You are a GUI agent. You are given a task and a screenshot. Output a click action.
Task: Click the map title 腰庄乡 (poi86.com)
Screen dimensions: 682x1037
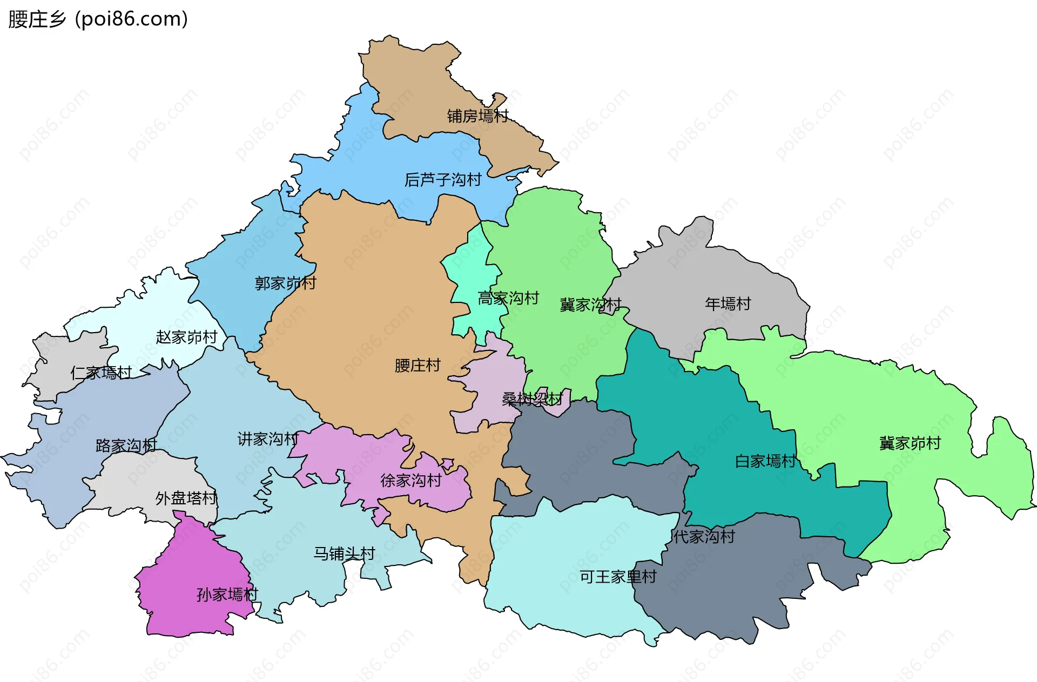tap(98, 19)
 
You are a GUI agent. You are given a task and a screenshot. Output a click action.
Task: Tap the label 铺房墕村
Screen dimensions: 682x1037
tap(477, 116)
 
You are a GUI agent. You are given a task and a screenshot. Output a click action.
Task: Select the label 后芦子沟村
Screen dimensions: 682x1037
tap(443, 180)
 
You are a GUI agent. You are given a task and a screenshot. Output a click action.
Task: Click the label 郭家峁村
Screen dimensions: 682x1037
tap(285, 283)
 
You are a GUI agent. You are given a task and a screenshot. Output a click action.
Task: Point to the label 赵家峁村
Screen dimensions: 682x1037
tap(186, 337)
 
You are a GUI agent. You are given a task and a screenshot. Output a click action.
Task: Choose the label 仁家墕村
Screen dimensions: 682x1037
tap(101, 373)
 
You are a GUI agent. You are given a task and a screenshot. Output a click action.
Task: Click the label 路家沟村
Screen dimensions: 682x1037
tap(126, 445)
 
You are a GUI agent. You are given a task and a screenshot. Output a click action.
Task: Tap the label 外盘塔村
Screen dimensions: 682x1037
tap(186, 498)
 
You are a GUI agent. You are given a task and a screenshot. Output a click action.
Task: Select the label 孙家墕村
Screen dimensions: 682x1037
tap(227, 595)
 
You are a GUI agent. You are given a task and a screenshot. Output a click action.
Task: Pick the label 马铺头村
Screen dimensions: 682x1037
tap(344, 553)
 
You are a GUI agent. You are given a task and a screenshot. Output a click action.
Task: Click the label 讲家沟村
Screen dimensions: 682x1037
tap(267, 439)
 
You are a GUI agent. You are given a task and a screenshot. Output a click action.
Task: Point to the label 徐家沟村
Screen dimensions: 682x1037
tap(411, 480)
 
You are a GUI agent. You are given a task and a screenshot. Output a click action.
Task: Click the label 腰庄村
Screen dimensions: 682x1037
tap(418, 366)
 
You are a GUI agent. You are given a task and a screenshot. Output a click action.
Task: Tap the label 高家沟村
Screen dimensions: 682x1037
tap(508, 298)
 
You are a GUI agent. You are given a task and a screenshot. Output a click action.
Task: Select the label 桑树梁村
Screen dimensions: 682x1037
tap(532, 399)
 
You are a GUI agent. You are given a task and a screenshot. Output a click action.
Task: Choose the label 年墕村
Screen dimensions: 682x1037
tap(728, 304)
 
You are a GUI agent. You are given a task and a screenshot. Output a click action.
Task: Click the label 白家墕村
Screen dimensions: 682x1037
tap(765, 461)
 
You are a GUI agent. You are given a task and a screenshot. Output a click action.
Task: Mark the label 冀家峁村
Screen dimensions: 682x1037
tap(910, 443)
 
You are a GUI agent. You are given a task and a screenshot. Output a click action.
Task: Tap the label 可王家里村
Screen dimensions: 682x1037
tap(617, 577)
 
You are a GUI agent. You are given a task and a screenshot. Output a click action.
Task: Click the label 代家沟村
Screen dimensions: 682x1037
tap(704, 536)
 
